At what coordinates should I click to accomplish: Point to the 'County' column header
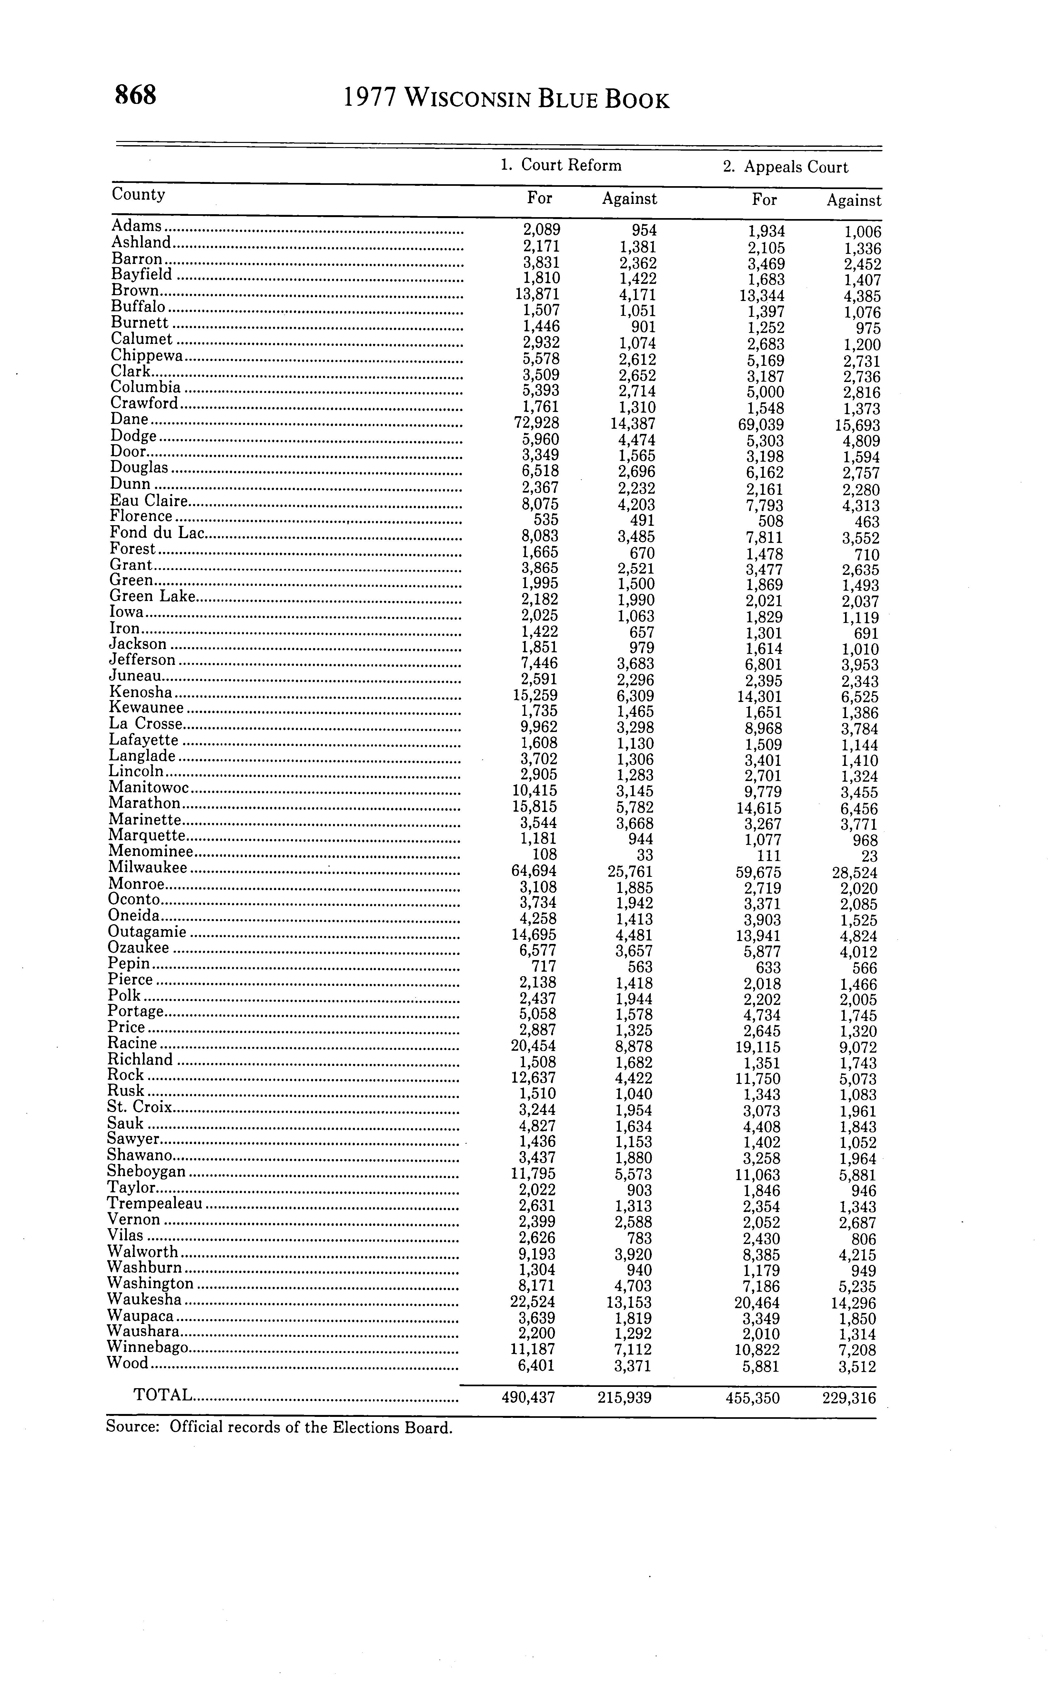tap(138, 194)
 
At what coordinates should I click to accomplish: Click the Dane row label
tap(130, 419)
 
